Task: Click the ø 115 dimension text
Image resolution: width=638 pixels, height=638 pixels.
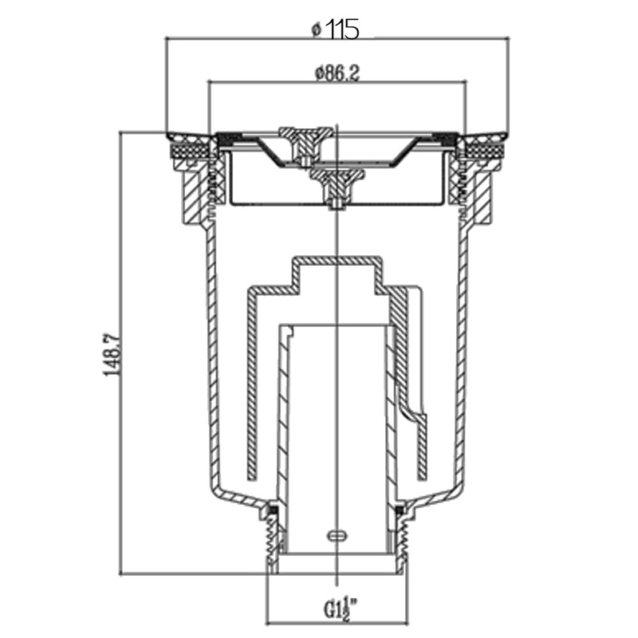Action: [x=335, y=30]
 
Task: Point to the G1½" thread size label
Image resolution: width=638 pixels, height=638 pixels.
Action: [x=340, y=609]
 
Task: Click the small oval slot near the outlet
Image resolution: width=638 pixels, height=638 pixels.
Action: [x=338, y=534]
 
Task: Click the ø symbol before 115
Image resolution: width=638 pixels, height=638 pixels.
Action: [x=316, y=30]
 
